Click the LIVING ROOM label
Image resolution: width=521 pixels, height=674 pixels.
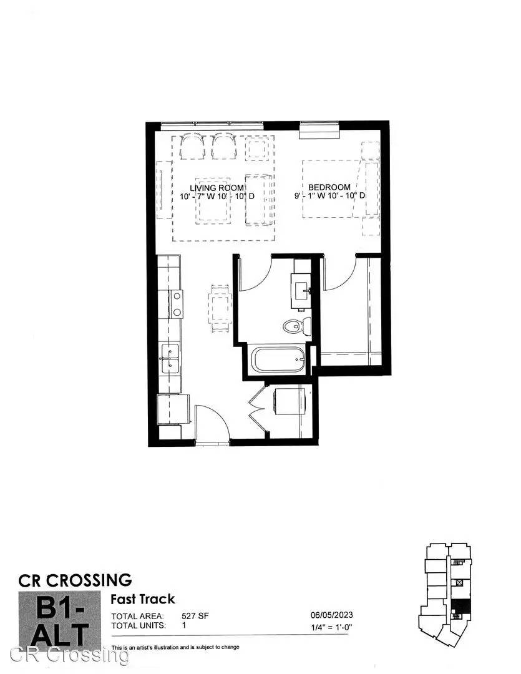pos(217,188)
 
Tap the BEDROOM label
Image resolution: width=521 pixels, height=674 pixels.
pos(329,187)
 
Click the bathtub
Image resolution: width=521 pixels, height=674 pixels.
pos(278,360)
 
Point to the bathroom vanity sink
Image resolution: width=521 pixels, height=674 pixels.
pos(301,291)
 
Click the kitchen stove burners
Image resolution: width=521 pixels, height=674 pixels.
pos(176,304)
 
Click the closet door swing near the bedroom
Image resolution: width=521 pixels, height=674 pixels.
pos(339,272)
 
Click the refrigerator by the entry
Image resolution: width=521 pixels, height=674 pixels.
pos(173,409)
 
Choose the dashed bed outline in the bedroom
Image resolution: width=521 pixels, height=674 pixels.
pos(331,188)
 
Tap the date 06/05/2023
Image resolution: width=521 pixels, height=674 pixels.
pos(331,615)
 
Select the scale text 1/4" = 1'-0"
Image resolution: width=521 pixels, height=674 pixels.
pos(331,627)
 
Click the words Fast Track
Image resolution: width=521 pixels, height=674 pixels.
pos(143,599)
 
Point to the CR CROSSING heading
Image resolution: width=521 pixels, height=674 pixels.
pos(75,580)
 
